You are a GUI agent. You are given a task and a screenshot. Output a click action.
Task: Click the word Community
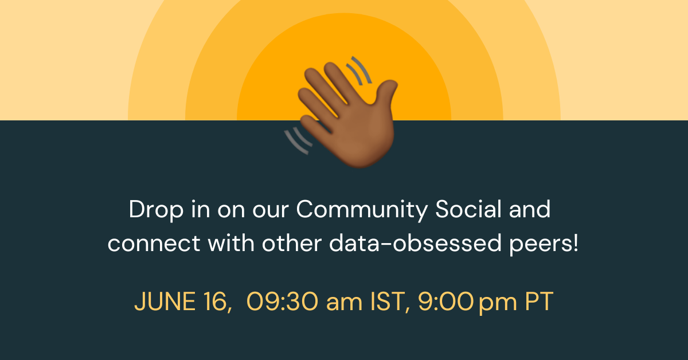pyautogui.click(x=362, y=210)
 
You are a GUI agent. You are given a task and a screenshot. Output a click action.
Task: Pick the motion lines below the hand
pyautogui.click(x=297, y=141)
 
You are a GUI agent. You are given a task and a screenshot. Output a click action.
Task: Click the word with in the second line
pyautogui.click(x=232, y=244)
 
